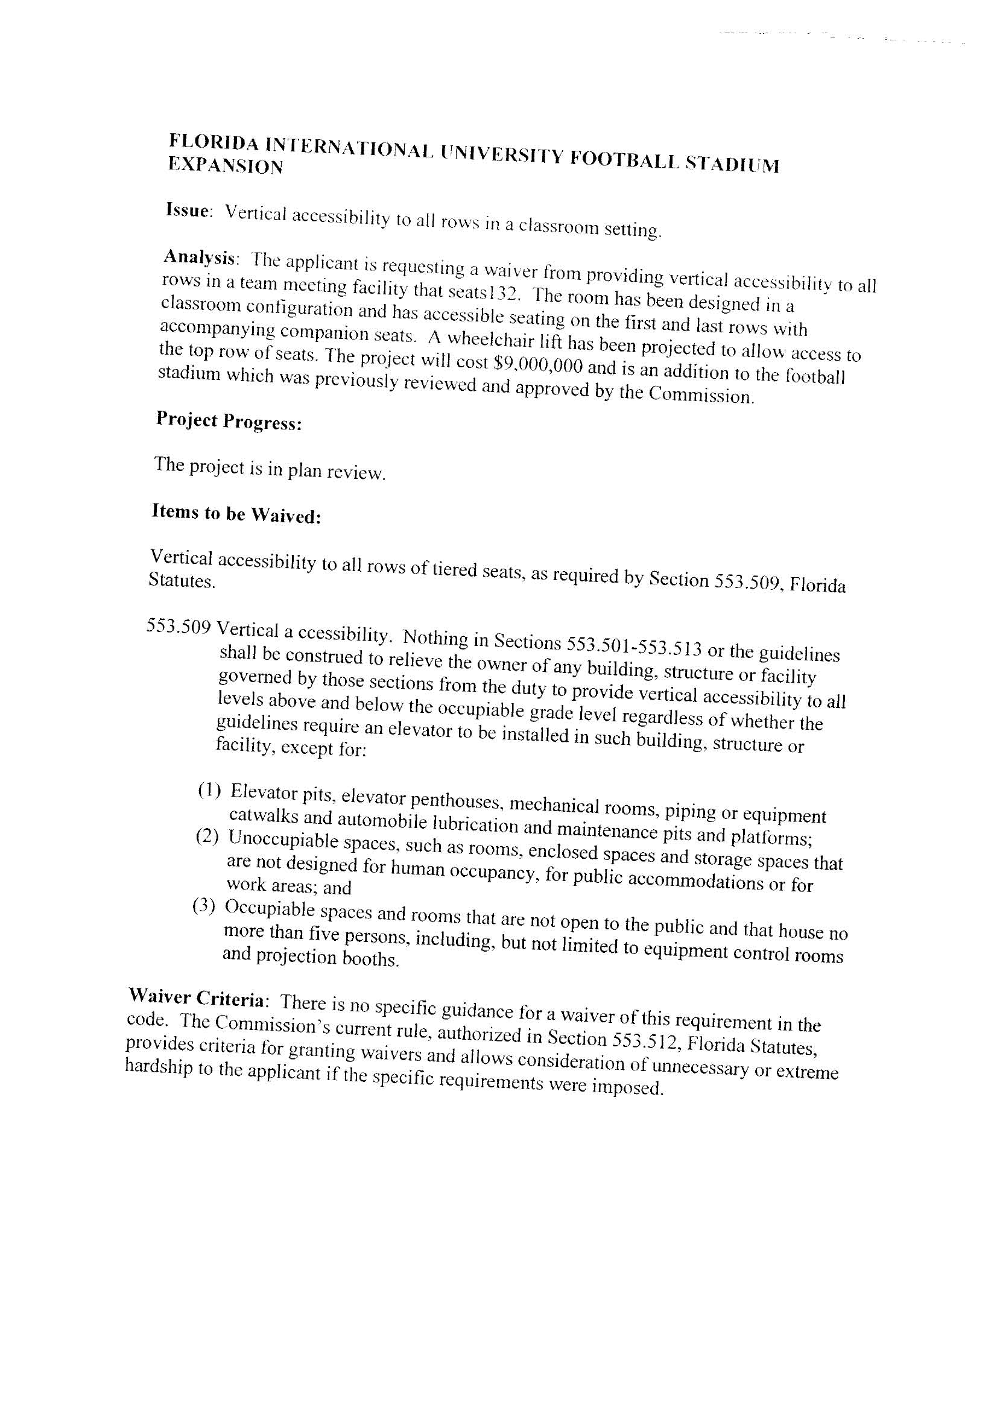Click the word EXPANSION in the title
coord(226,166)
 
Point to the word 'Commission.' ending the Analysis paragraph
coord(701,395)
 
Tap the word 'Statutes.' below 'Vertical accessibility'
coord(182,581)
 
